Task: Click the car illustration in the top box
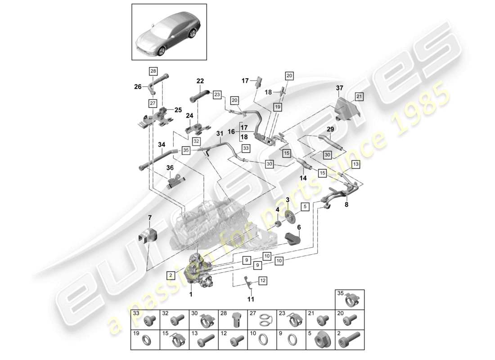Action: [x=169, y=32]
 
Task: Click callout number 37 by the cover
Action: [x=339, y=89]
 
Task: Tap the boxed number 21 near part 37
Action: [x=359, y=96]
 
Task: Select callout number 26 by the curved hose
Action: [x=138, y=87]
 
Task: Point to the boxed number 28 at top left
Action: [x=153, y=71]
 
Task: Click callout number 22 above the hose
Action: [x=200, y=81]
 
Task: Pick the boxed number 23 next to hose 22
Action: [x=217, y=94]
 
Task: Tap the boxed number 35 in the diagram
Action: [x=185, y=150]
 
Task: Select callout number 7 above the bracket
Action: [x=150, y=218]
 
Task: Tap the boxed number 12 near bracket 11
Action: [x=262, y=281]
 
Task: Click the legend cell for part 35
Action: [x=349, y=299]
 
